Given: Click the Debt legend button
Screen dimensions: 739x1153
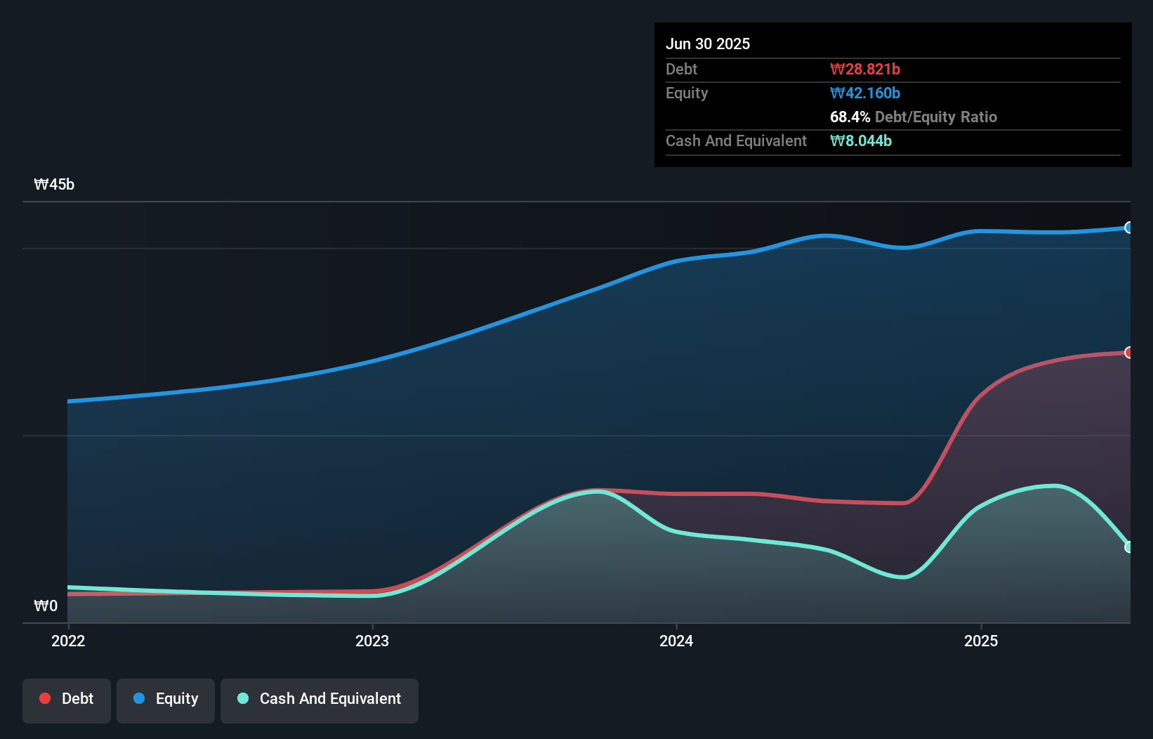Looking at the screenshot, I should (x=67, y=700).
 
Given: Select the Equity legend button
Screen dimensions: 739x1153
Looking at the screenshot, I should (x=166, y=700).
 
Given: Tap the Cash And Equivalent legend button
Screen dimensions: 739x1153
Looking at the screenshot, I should (x=319, y=700).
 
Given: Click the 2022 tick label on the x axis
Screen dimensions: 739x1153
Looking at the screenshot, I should (x=68, y=641).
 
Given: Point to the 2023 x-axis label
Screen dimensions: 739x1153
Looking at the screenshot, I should (x=372, y=641).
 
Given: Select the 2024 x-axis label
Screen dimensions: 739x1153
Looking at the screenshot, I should (x=676, y=641).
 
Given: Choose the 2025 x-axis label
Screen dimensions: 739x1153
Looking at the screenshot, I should (x=981, y=641).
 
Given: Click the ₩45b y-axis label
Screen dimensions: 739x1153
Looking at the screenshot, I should (x=54, y=185).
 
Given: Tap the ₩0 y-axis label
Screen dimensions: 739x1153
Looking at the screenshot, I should (x=46, y=606).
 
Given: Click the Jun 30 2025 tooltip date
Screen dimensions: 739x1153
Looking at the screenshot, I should (x=708, y=44).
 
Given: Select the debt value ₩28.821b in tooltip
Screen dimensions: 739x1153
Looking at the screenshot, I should (x=864, y=69).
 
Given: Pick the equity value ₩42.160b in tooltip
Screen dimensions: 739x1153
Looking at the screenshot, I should (x=864, y=93).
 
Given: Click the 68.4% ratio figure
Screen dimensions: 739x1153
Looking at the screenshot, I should (x=850, y=117).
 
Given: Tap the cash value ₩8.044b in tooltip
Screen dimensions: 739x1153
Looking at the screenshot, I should (x=860, y=140).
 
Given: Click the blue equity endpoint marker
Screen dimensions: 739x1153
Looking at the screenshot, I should (x=1129, y=228).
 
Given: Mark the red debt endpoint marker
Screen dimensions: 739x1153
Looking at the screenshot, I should (x=1129, y=353).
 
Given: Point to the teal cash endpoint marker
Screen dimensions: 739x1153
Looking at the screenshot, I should (x=1129, y=547).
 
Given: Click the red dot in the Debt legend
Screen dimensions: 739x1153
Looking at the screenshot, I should (x=45, y=698).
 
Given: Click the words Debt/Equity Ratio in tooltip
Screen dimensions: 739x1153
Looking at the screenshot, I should (x=935, y=117).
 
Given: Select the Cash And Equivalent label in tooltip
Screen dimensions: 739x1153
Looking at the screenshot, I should (x=736, y=140).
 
